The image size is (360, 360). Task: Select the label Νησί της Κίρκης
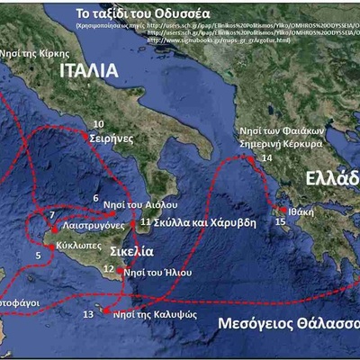31,52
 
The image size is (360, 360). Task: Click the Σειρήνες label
112,139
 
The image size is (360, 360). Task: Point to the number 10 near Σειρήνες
98,124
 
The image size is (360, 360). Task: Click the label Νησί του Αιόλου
147,205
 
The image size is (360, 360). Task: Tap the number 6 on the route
95,198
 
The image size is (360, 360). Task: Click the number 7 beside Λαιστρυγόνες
52,216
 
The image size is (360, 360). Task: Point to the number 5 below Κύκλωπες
38,256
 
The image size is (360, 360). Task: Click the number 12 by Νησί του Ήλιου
109,269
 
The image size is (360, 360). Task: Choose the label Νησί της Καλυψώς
157,312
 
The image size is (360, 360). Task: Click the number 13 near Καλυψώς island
87,315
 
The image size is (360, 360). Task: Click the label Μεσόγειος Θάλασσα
289,325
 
